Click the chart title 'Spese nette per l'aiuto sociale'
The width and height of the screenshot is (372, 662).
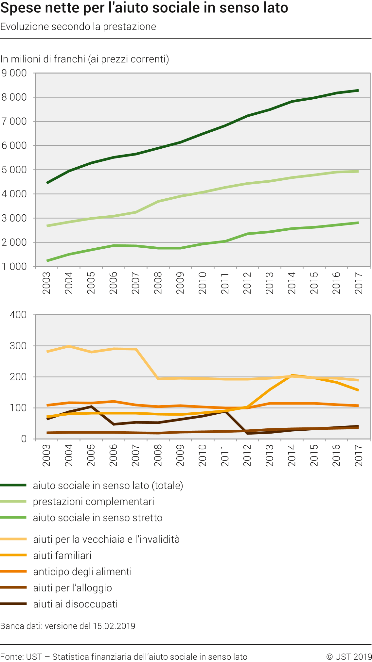144,8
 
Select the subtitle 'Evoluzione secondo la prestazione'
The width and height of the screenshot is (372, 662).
78,26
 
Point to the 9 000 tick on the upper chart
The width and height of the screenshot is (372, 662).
14,73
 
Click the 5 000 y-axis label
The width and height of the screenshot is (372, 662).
14,170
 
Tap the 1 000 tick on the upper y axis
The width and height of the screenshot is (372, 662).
14,266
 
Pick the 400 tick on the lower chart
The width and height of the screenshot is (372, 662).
18,315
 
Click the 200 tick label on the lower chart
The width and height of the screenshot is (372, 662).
18,377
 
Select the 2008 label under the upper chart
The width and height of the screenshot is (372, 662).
158,283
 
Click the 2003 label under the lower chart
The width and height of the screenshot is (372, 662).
47,455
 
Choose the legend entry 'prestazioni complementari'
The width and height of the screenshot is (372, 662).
94,502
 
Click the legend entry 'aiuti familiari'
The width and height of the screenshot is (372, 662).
62,555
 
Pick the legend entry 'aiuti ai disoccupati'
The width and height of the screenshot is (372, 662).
75,604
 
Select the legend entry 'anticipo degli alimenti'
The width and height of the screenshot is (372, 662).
82,571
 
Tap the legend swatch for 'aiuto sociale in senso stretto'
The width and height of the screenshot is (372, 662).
13,518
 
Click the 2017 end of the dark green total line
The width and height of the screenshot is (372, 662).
358,91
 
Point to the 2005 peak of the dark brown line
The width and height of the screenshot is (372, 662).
91,406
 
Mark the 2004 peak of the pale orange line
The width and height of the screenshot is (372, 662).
69,346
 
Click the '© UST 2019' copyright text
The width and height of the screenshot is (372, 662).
349,657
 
